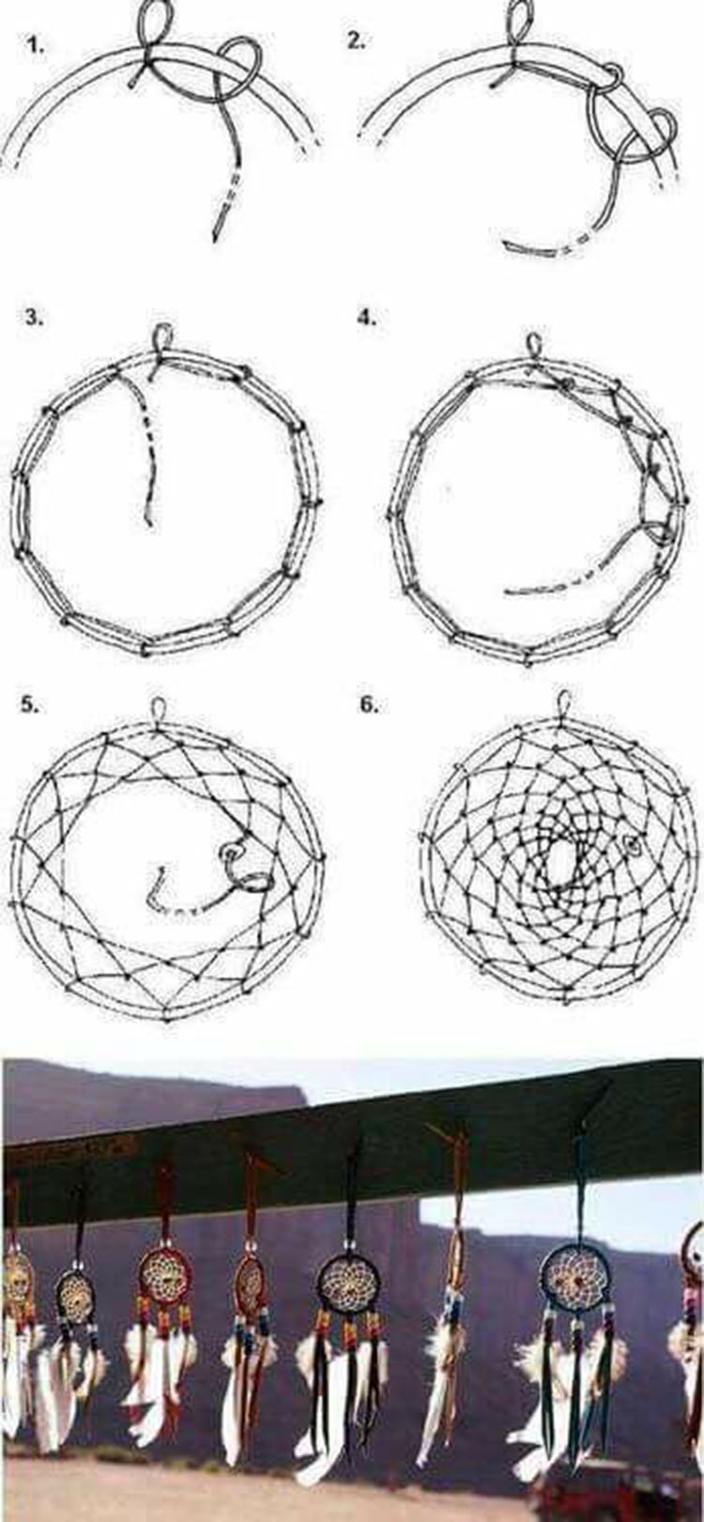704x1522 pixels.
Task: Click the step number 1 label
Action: tap(36, 47)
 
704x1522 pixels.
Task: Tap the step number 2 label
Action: tap(356, 41)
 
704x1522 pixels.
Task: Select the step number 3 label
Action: tap(34, 317)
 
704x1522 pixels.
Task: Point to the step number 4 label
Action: tap(366, 317)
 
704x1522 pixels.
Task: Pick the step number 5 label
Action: tap(29, 704)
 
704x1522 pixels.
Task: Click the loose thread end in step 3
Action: tap(148, 520)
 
